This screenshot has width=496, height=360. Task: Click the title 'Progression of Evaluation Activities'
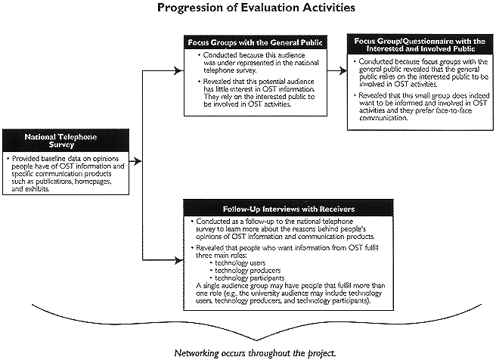[x=256, y=7]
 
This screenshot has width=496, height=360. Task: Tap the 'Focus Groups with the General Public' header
[x=256, y=42]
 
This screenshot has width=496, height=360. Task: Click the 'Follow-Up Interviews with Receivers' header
[x=289, y=209]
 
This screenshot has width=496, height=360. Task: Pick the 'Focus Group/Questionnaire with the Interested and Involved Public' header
[x=420, y=45]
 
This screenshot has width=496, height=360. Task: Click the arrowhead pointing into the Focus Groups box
[x=179, y=70]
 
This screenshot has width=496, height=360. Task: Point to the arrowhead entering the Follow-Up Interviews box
[x=179, y=260]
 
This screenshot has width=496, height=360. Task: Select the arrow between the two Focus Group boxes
[x=337, y=70]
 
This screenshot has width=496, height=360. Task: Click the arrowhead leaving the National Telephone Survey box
[x=137, y=161]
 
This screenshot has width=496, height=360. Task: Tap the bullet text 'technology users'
[x=240, y=263]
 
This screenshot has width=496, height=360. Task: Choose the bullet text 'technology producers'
[x=248, y=271]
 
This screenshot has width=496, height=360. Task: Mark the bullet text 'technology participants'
[x=250, y=278]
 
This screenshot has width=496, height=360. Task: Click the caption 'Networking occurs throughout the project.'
[x=255, y=352]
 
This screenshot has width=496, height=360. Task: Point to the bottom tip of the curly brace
[x=256, y=339]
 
